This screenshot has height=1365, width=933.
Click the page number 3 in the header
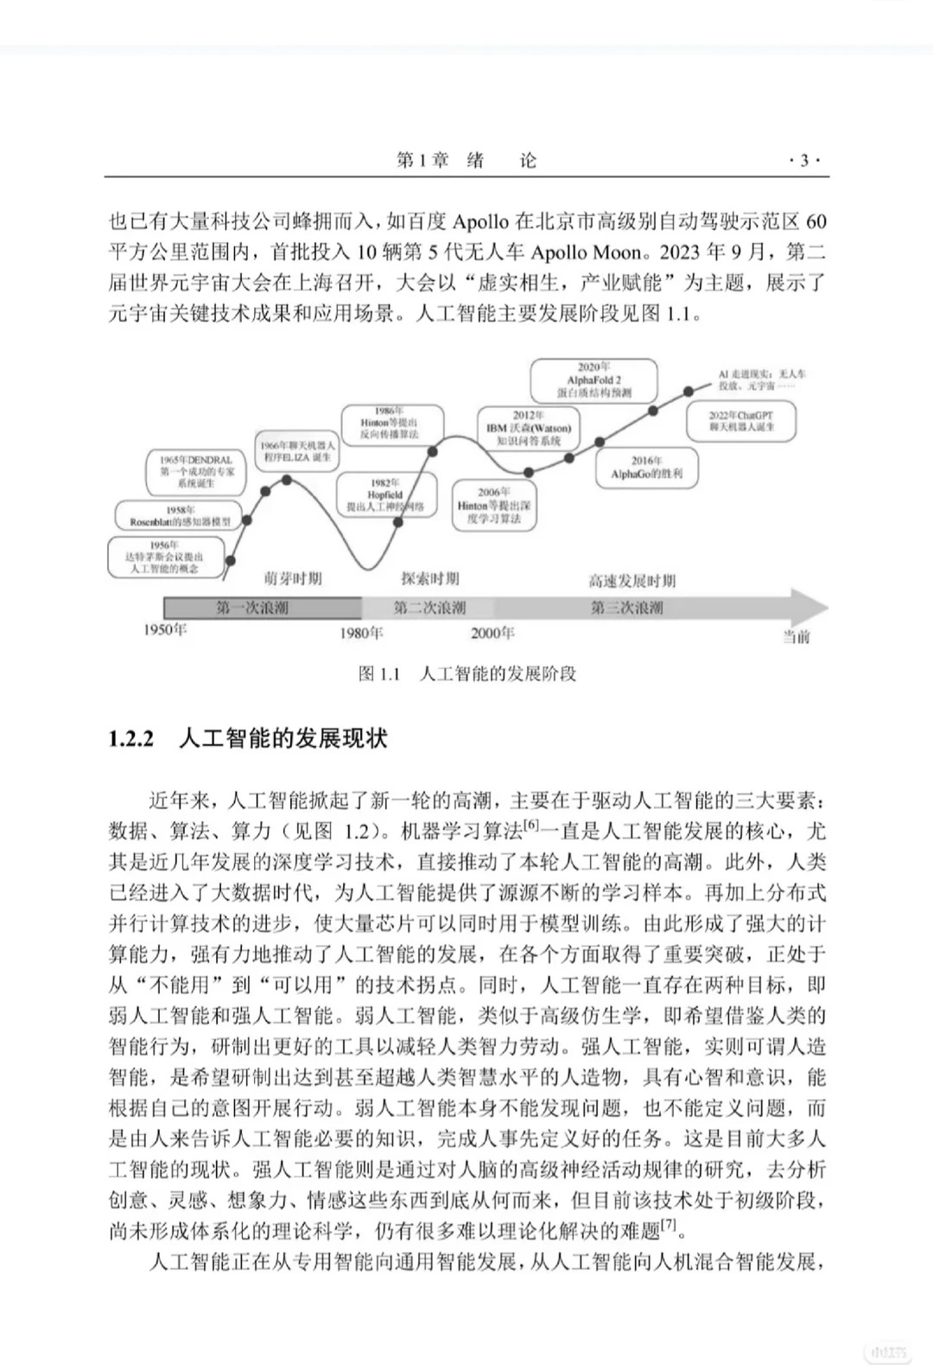(x=805, y=161)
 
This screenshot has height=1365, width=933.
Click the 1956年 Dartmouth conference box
(x=164, y=558)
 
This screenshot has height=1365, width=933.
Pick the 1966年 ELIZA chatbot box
(x=297, y=451)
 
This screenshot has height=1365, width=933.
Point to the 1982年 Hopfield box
(x=385, y=495)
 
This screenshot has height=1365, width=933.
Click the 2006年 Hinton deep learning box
(x=494, y=506)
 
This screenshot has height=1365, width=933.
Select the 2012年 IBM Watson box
(x=528, y=428)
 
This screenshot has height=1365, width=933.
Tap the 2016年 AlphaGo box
(x=647, y=468)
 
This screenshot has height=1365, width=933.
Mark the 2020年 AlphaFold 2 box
(x=593, y=380)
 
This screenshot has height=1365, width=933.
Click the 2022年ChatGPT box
(x=741, y=421)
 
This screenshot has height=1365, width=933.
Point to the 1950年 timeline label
(x=165, y=630)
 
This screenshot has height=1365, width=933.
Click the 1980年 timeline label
(x=361, y=634)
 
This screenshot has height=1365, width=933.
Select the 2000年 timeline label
(x=492, y=634)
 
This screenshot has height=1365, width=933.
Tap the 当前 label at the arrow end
(x=796, y=637)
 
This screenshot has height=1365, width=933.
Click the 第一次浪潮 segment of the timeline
(x=252, y=608)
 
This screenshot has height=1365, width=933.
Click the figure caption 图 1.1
(x=380, y=673)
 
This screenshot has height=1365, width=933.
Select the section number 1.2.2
(x=131, y=739)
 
